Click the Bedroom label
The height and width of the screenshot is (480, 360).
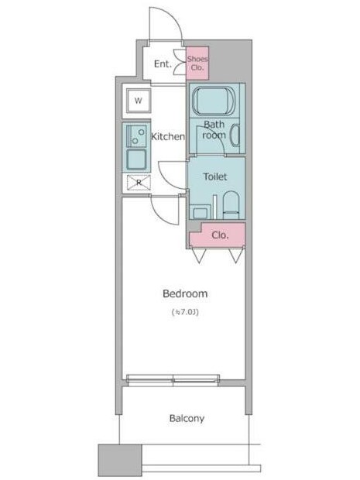[x=185, y=293]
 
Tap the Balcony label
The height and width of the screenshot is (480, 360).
[x=187, y=418]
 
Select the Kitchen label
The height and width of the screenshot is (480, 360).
[x=167, y=136]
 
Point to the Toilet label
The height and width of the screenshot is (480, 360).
[x=214, y=177]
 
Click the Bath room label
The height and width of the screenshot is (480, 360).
[x=214, y=129]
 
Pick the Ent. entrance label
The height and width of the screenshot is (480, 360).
[x=162, y=63]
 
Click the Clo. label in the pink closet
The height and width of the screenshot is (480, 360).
[x=219, y=235]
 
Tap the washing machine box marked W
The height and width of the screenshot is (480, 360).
[x=139, y=101]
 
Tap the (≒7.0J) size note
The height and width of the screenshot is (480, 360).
[x=185, y=312]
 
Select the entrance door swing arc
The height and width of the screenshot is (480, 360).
[x=167, y=23]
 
